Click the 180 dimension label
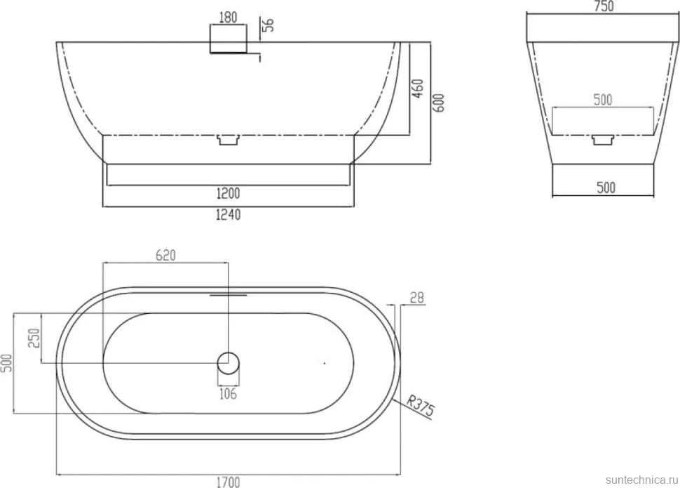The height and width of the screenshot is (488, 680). (x=228, y=17)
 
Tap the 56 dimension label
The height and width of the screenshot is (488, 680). (x=269, y=25)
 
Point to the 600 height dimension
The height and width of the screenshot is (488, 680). (x=439, y=103)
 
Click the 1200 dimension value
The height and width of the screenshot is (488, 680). (x=228, y=193)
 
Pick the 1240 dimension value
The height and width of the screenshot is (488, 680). (x=228, y=214)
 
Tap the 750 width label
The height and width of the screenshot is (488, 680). (x=604, y=6)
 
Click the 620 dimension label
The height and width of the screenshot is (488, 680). (x=165, y=255)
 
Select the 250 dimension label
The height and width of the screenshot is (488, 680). (x=34, y=338)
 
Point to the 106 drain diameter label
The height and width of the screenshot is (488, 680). (x=228, y=394)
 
